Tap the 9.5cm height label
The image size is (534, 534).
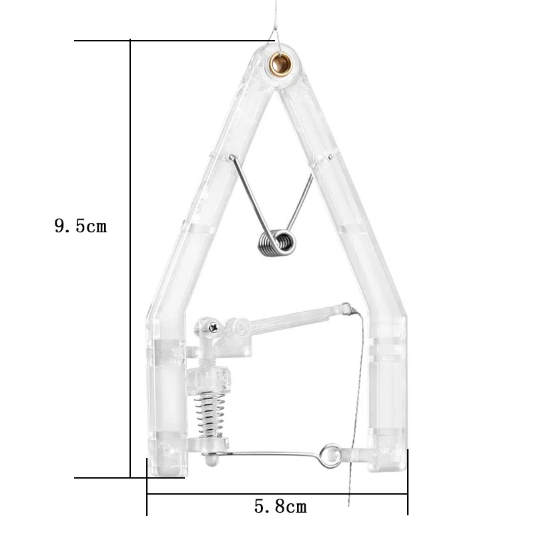(x=80, y=226)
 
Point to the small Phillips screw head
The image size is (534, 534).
(x=213, y=326)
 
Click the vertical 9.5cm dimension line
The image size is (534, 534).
(x=130, y=260)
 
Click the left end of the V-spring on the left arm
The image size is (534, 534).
(x=231, y=158)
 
